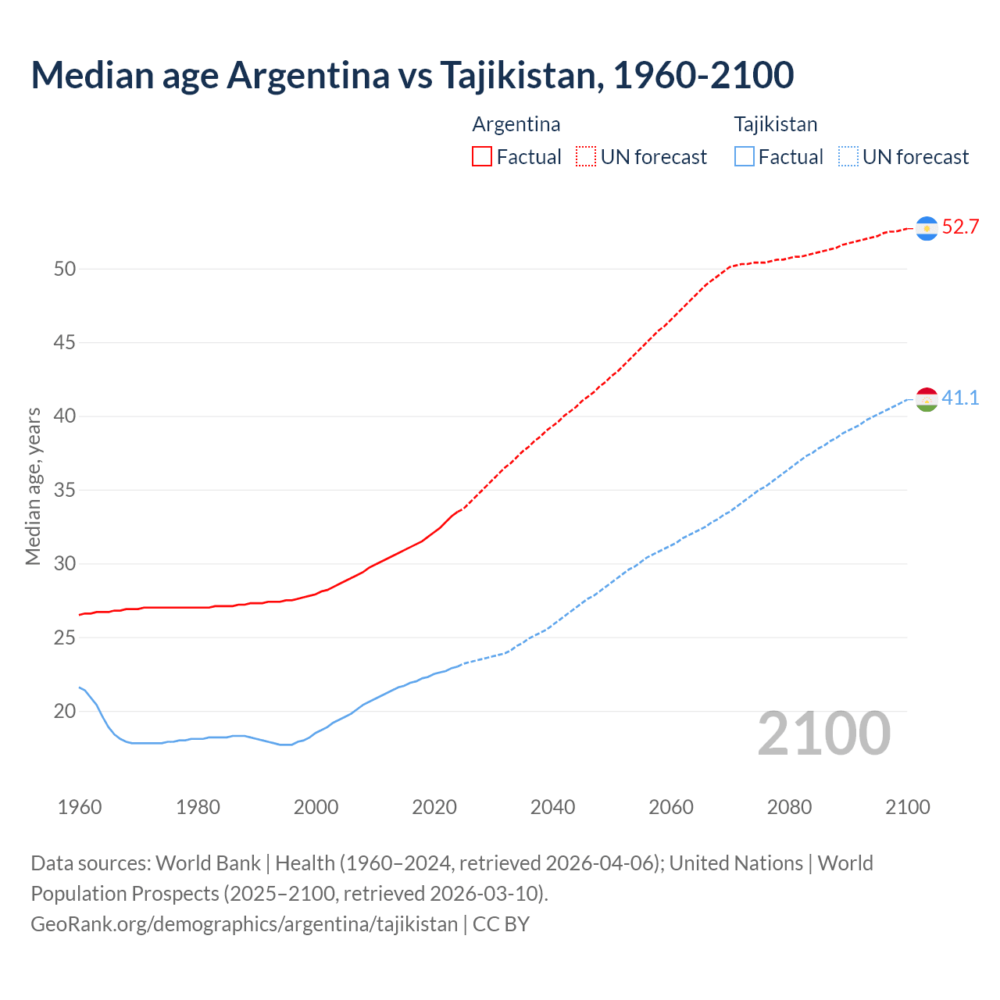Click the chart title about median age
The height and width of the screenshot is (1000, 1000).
(412, 75)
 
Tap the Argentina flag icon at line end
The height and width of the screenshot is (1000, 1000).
(927, 228)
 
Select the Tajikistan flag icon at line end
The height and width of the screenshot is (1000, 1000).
(927, 399)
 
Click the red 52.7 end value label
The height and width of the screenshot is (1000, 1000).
(960, 227)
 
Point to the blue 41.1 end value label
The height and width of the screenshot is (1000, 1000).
(960, 398)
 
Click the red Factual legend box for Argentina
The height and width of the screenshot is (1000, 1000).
(482, 157)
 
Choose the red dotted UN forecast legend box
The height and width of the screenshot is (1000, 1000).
(586, 157)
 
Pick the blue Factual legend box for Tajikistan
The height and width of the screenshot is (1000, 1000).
(745, 157)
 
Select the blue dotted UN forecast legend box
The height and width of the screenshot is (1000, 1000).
(848, 157)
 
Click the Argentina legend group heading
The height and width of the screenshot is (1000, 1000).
(516, 124)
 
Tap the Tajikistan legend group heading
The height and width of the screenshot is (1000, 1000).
(775, 124)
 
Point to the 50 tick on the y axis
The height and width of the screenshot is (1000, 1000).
(65, 269)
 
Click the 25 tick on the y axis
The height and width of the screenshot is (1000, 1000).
(65, 637)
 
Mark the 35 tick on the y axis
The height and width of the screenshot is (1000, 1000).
(65, 491)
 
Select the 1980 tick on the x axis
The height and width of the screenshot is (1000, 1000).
(198, 807)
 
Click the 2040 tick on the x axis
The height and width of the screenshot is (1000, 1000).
(552, 807)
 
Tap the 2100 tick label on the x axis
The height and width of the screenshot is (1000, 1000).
(907, 807)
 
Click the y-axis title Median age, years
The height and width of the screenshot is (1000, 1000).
(33, 486)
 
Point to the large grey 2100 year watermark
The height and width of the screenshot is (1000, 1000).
(823, 734)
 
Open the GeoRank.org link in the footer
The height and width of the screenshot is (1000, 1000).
(244, 924)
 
